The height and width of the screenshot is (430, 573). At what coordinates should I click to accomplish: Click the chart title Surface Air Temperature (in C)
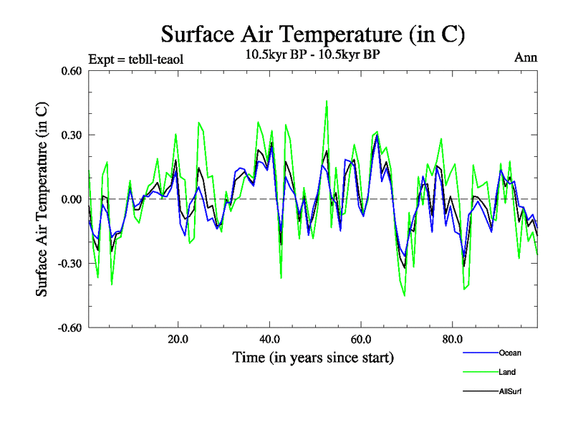tap(313, 34)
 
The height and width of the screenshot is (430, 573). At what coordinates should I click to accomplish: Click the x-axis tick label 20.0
tap(178, 339)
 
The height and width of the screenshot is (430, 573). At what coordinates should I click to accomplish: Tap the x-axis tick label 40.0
tap(269, 339)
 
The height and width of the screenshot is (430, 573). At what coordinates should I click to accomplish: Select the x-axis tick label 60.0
tap(360, 339)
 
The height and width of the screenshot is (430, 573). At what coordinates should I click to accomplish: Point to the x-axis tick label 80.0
tap(452, 339)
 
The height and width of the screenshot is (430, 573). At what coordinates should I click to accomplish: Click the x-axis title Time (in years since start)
tap(313, 357)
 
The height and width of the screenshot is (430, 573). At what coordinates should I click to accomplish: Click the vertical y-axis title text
tap(42, 199)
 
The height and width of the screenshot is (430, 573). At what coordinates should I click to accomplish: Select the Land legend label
tap(506, 372)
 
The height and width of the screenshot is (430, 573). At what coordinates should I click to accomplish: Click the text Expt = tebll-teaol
tap(135, 59)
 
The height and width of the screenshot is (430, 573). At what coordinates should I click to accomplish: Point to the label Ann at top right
tap(526, 58)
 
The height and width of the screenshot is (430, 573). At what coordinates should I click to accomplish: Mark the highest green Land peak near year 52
tap(327, 101)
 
